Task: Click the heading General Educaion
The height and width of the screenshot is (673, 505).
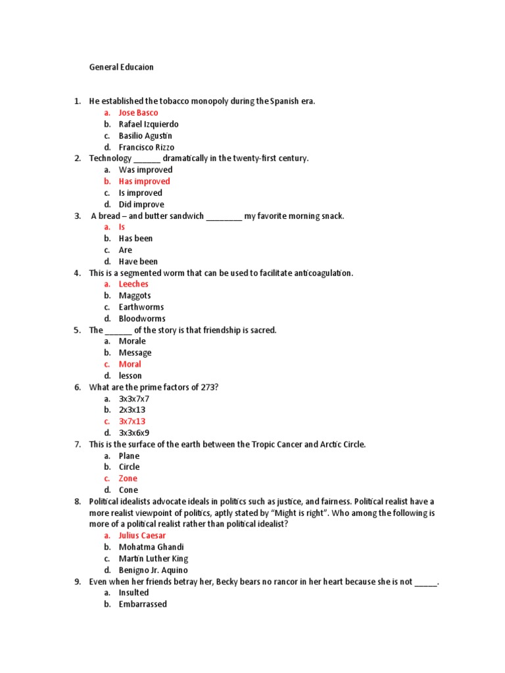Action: [122, 67]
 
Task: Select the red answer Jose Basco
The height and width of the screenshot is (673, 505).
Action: [138, 113]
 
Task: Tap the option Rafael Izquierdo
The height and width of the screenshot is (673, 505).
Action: [149, 124]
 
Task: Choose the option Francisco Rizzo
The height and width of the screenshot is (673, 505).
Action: [147, 147]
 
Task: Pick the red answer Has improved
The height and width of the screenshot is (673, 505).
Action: [144, 181]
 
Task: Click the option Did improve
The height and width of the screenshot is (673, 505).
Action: [141, 204]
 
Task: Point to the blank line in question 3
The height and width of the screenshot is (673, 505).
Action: [224, 216]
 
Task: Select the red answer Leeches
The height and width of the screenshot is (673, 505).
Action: [133, 285]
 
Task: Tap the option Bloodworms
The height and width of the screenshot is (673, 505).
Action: [142, 319]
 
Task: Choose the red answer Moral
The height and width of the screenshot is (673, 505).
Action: [130, 364]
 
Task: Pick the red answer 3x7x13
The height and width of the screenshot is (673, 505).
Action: [132, 421]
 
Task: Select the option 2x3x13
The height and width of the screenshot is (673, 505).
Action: [132, 410]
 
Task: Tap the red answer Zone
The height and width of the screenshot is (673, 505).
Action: [128, 478]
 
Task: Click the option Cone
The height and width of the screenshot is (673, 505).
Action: [128, 490]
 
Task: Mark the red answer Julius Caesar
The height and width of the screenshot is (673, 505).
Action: [142, 536]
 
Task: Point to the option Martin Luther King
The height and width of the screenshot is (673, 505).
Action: [153, 559]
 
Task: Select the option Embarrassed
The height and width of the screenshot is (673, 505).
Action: [143, 604]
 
